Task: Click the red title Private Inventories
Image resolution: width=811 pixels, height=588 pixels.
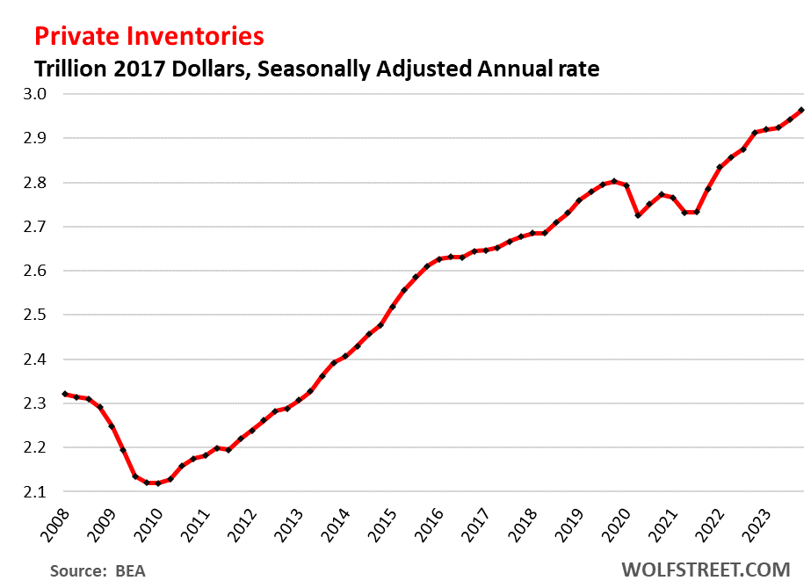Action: point(149,36)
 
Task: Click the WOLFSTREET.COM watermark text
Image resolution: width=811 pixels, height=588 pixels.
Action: point(713,570)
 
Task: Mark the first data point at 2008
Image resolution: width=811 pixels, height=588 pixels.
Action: point(64,394)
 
